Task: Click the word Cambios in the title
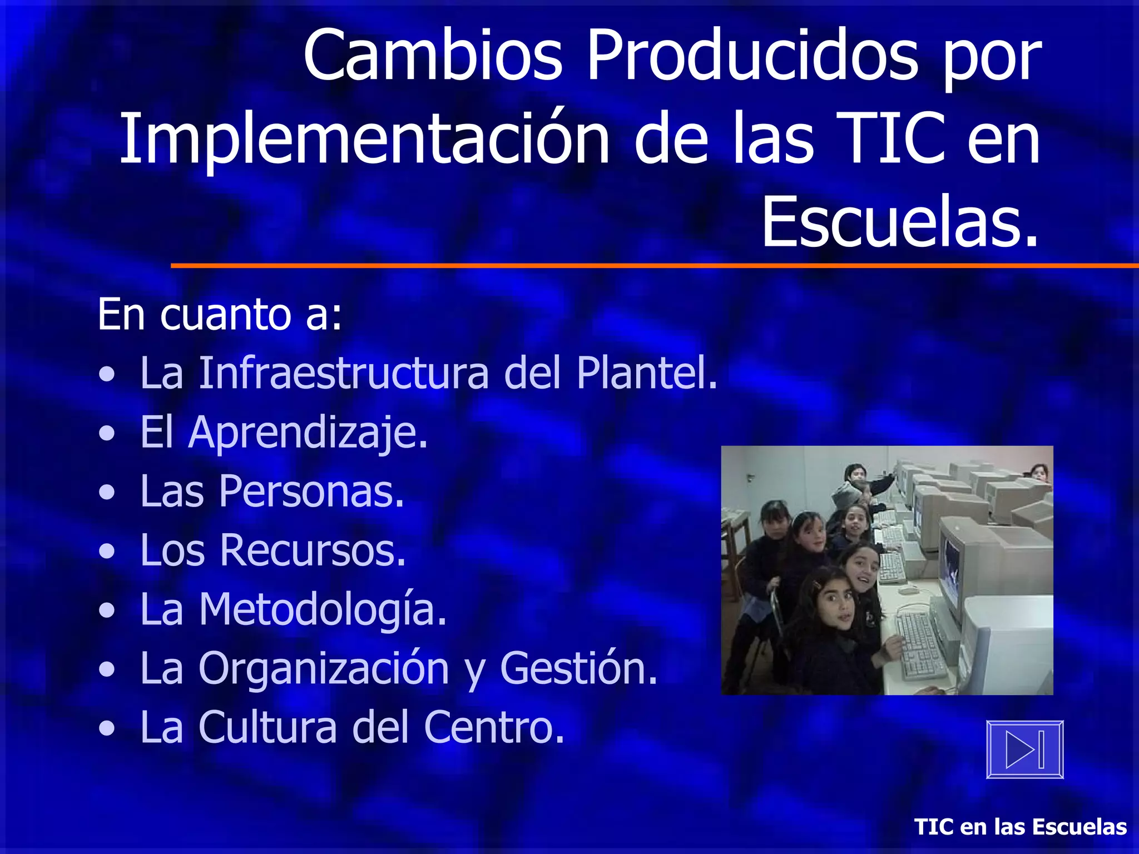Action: (433, 56)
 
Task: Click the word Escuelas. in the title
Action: (900, 222)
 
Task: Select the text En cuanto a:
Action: (220, 315)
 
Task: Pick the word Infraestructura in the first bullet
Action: (344, 373)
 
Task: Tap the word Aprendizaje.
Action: (308, 433)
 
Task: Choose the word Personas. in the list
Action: (311, 491)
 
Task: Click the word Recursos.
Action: (313, 550)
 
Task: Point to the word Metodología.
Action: (323, 609)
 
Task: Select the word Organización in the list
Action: (324, 668)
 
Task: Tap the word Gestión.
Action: (578, 668)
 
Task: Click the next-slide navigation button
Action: (1024, 749)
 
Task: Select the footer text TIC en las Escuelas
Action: (1021, 827)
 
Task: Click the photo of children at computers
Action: (887, 570)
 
